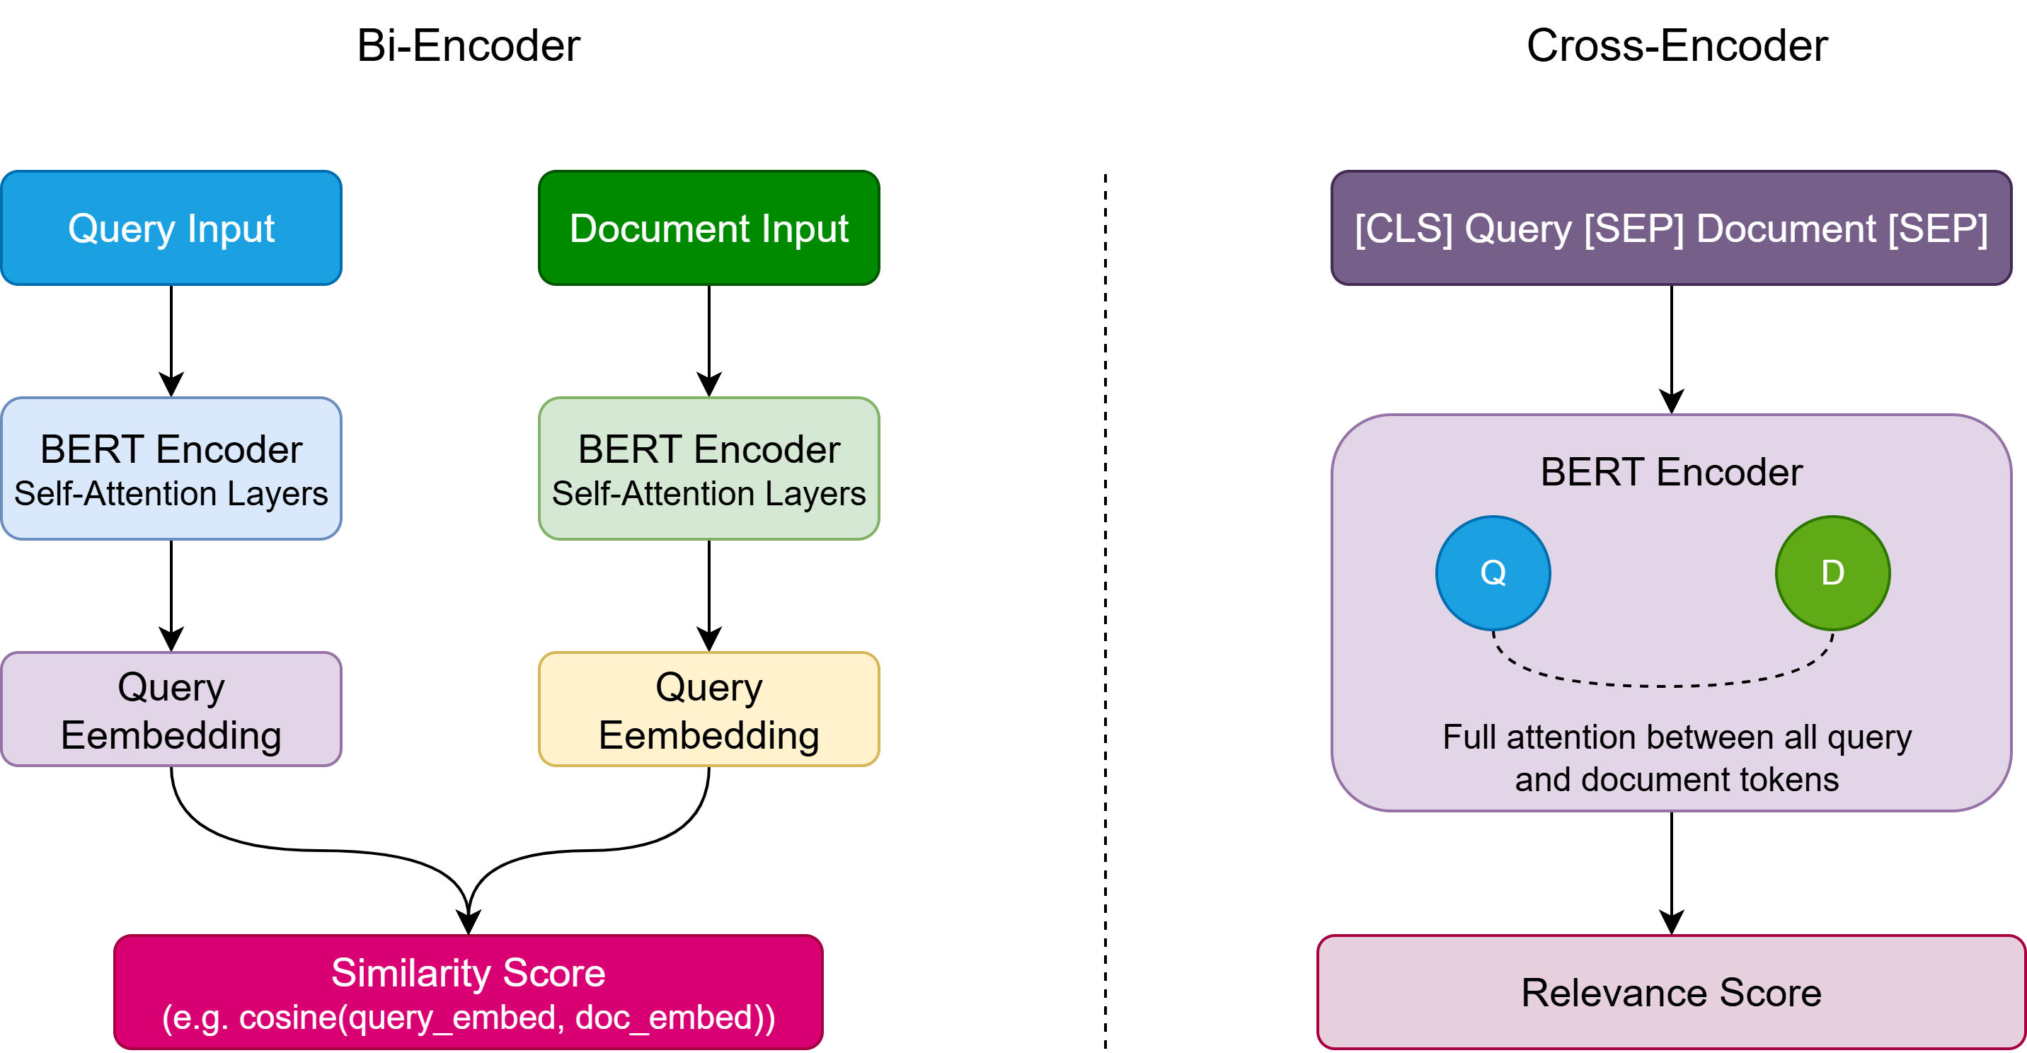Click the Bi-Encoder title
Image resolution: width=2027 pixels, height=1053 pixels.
[x=469, y=46]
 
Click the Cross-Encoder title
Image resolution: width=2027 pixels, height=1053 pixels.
[x=1676, y=46]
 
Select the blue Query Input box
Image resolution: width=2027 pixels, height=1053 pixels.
[x=171, y=229]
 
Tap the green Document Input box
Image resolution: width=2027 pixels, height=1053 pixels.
[x=708, y=229]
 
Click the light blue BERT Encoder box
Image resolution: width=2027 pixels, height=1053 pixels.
[x=171, y=469]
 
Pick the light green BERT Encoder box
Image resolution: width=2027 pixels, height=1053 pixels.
[x=708, y=469]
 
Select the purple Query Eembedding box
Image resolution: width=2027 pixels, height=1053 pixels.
[x=171, y=710]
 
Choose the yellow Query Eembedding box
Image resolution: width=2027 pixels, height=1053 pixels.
[x=708, y=710]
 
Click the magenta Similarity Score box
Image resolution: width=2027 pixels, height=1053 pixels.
[x=469, y=992]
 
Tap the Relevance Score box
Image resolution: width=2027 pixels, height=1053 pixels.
[x=1670, y=992]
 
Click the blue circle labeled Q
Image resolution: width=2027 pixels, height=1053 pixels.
[x=1493, y=573]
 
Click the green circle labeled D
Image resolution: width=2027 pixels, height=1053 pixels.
[x=1832, y=573]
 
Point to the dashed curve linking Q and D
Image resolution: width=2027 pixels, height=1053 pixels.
[x=1663, y=686]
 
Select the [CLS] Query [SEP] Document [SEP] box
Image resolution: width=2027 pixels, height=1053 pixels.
[x=1670, y=229]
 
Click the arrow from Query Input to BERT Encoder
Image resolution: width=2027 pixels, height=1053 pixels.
[x=171, y=338]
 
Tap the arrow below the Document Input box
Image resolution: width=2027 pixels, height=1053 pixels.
[x=709, y=338]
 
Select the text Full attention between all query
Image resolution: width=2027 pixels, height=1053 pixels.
[x=1676, y=737]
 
